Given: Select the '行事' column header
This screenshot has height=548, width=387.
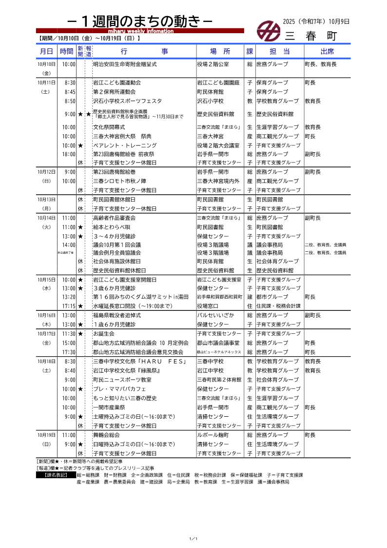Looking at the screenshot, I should [x=143, y=51].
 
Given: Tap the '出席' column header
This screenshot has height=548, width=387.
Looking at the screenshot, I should [x=327, y=51].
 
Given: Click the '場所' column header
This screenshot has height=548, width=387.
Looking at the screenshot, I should [x=220, y=51].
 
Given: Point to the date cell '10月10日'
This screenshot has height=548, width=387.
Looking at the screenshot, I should [x=46, y=64].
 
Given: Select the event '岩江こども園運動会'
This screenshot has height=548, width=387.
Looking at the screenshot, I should [x=117, y=82].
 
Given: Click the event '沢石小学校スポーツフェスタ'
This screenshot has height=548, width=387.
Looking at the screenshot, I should [x=125, y=101].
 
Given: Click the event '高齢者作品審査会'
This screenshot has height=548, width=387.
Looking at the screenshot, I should [x=114, y=218].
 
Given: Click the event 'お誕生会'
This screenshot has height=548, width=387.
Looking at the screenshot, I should [x=104, y=334].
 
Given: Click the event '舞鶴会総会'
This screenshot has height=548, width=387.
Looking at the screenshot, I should [x=106, y=435].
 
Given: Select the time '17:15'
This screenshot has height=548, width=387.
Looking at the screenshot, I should [x=69, y=306].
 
